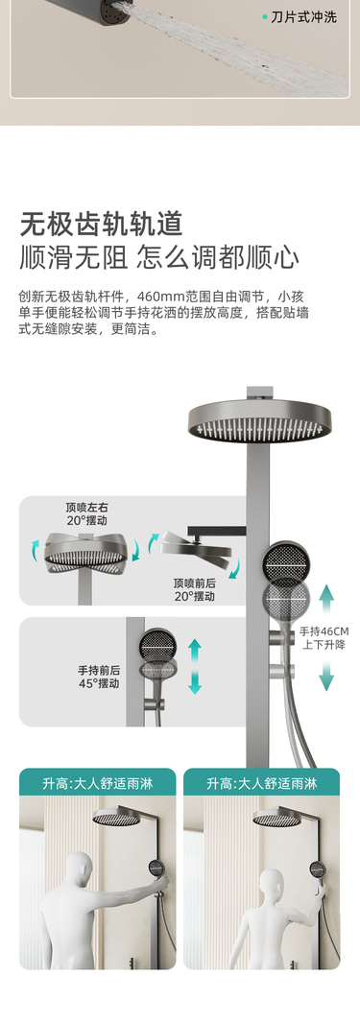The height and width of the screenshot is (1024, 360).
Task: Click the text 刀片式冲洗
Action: coord(303,17)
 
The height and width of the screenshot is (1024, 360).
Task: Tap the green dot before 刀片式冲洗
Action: coord(265,17)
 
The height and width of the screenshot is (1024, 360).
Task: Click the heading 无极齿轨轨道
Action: coord(101,224)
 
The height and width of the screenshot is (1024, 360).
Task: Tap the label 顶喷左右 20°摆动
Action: coord(86,513)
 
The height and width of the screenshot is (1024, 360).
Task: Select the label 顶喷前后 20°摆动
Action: coord(194,589)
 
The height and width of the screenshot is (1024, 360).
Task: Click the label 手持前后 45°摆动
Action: coord(99,677)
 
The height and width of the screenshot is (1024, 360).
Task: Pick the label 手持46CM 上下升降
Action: coord(324,637)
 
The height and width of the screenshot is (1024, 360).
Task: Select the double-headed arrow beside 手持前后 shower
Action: coord(195,666)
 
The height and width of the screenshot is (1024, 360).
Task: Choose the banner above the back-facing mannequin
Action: coord(97,783)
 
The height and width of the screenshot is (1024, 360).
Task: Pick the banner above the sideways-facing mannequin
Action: coord(261,783)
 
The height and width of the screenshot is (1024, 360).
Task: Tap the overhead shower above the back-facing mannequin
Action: coord(115,817)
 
